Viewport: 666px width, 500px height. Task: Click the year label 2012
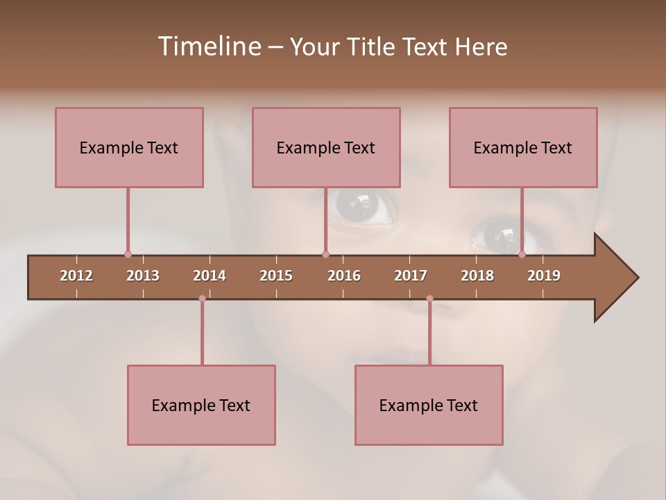(x=76, y=276)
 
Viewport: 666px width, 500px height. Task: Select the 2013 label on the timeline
(x=143, y=276)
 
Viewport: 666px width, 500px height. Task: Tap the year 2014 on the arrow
(x=210, y=276)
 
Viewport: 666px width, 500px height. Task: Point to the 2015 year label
(x=276, y=276)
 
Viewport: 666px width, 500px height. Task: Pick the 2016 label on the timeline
(x=344, y=276)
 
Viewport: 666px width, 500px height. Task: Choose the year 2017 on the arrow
(x=411, y=276)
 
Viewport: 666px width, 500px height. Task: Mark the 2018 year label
(x=477, y=276)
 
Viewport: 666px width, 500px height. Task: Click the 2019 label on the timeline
(x=544, y=276)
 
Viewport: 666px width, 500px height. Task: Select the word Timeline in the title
(x=207, y=47)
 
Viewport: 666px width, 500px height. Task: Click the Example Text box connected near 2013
(x=129, y=147)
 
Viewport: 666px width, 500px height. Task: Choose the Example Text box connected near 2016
(x=326, y=147)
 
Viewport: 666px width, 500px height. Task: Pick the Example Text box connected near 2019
(x=523, y=147)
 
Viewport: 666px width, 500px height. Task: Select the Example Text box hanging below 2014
(x=201, y=405)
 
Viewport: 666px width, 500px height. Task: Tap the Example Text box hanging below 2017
(x=429, y=405)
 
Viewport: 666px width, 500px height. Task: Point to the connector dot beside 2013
(x=128, y=254)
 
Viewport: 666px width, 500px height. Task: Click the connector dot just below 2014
(x=202, y=299)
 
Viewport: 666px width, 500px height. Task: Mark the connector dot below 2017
(x=429, y=299)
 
